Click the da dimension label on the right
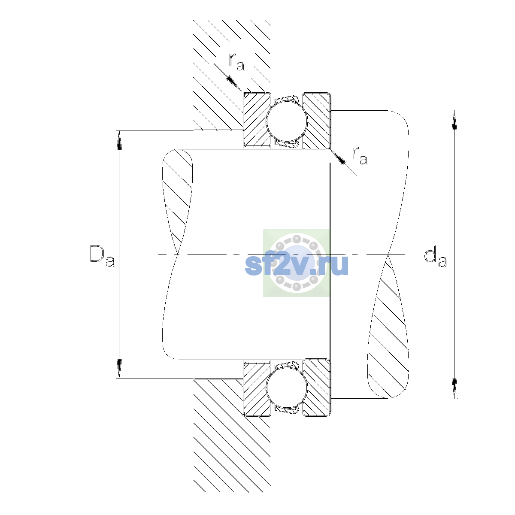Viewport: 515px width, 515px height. pyautogui.click(x=435, y=257)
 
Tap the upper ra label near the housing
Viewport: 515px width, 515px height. pyautogui.click(x=236, y=62)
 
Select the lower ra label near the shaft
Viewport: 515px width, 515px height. pyautogui.click(x=360, y=155)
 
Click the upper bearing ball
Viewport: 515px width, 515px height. pyautogui.click(x=287, y=121)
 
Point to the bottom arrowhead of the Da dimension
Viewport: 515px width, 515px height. pyautogui.click(x=119, y=369)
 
